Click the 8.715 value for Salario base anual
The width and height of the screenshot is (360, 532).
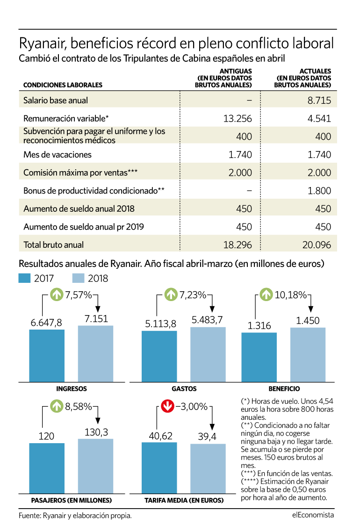[x=319, y=101]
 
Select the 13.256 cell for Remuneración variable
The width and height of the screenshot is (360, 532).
[x=238, y=118]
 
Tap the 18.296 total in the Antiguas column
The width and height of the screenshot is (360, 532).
[x=238, y=244]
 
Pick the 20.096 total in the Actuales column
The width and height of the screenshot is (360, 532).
[x=317, y=244]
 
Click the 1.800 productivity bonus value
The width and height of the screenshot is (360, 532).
[x=319, y=191]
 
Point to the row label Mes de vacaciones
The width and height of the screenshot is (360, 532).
[x=58, y=155]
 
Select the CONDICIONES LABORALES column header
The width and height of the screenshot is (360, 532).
[x=63, y=85]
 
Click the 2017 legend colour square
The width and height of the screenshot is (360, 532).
[x=24, y=278]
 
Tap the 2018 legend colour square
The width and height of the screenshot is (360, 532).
[x=78, y=278]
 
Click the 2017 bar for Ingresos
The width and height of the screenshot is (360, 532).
[x=47, y=356]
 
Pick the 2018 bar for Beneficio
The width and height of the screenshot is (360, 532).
[x=308, y=355]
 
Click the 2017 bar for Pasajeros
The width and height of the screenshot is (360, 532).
[x=47, y=468]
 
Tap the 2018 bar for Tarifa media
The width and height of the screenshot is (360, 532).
[x=208, y=468]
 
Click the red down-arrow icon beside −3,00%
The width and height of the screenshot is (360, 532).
[x=167, y=406]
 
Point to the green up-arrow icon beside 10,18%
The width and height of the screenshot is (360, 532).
[x=266, y=295]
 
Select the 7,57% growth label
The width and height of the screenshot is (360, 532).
[x=79, y=295]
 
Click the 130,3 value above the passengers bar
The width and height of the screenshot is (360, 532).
[x=96, y=432]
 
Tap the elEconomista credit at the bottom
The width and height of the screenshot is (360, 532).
[x=313, y=515]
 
